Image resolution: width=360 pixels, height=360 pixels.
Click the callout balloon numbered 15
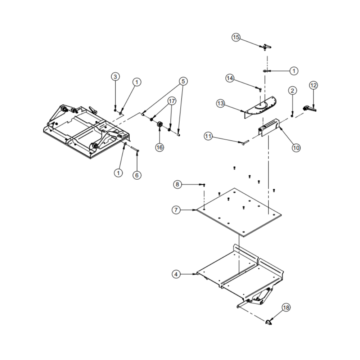[x=236, y=37]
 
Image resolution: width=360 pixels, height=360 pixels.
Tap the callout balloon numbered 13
[x=221, y=104]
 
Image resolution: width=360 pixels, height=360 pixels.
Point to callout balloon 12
[x=313, y=85]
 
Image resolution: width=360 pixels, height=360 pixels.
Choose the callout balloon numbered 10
[x=296, y=147]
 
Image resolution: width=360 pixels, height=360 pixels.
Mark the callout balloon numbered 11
[x=208, y=136]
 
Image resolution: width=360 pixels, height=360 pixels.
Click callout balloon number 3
[x=115, y=77]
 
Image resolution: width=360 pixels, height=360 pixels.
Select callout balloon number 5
[x=183, y=81]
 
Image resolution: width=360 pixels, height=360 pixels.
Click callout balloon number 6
[x=136, y=175]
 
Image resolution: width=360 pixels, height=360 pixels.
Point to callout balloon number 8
[x=177, y=184]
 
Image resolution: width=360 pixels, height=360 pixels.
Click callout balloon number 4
[x=176, y=274]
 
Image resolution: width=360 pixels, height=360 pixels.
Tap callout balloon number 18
[x=286, y=308]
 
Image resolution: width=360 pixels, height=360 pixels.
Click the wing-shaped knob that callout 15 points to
[x=266, y=46]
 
